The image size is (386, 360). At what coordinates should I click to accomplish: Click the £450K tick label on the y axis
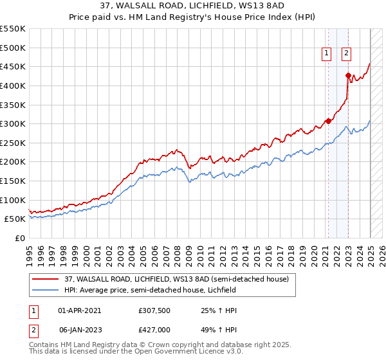coord(13,66)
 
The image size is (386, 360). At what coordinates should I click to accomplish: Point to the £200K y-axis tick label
coord(13,161)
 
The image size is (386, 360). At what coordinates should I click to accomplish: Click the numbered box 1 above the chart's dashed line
coord(327,54)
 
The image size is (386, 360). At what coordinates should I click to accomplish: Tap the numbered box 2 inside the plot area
coord(346,54)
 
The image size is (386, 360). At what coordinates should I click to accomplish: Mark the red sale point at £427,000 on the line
coord(348,75)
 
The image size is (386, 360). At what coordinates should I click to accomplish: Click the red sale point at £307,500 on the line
coord(328,121)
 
